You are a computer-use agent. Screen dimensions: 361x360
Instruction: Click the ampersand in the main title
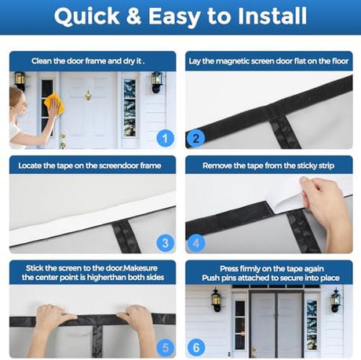(x=133, y=16)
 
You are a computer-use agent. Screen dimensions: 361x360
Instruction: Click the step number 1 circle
(x=166, y=139)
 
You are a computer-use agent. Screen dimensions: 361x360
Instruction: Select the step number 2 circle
(x=196, y=139)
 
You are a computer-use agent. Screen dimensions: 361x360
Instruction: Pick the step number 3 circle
(x=166, y=243)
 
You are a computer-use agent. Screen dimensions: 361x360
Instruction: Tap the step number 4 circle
(x=196, y=243)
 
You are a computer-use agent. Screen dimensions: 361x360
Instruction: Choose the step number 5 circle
(x=166, y=347)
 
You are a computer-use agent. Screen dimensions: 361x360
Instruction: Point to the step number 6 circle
(x=196, y=347)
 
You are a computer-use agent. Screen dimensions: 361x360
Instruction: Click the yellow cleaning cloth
(x=54, y=104)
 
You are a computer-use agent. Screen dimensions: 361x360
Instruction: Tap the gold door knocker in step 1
(x=89, y=95)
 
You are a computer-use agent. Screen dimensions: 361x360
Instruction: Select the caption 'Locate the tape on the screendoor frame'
(x=89, y=165)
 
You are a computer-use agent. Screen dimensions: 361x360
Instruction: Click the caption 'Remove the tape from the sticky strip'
(x=268, y=165)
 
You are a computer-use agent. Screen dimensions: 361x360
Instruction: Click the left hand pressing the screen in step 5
(x=52, y=323)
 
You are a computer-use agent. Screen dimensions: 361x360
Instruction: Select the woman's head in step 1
(x=17, y=100)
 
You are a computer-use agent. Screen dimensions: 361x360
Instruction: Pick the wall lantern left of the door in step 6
(x=217, y=300)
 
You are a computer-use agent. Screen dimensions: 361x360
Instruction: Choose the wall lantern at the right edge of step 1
(x=157, y=82)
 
